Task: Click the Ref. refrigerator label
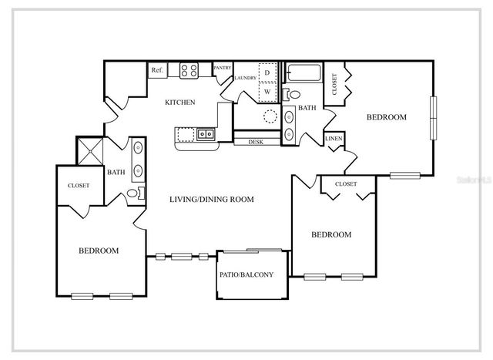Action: tap(157, 70)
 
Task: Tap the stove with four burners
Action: tap(189, 71)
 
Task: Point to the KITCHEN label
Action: tap(180, 102)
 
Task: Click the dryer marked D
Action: tap(267, 72)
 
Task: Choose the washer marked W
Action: tap(267, 91)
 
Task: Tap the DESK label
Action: tap(256, 142)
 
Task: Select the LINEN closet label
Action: tap(334, 140)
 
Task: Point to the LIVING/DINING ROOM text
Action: tap(212, 199)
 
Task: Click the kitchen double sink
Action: tap(206, 135)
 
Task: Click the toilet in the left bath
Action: tap(133, 193)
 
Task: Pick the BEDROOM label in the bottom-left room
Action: tap(99, 251)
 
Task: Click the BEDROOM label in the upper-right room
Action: tap(386, 117)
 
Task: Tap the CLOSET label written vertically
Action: tap(334, 83)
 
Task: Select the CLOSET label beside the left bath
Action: tap(79, 185)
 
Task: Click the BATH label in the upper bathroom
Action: tap(307, 108)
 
